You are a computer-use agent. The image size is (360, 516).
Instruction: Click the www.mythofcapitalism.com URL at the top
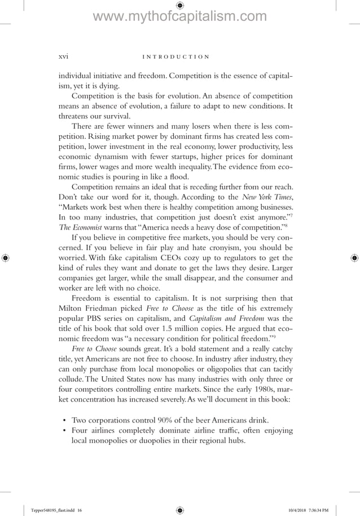pyautogui.click(x=179, y=17)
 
